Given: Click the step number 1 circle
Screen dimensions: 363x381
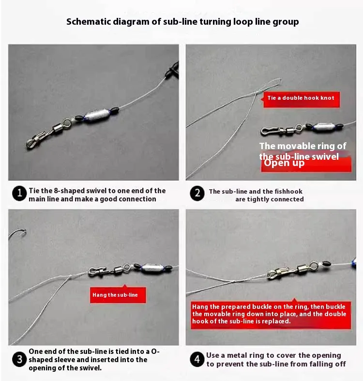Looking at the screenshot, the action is pos(19,194).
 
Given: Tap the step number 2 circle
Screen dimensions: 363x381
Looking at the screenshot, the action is pos(197,194).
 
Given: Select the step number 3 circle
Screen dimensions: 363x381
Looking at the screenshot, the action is pos(19,359).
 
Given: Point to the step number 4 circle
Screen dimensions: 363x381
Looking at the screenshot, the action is pos(197,359).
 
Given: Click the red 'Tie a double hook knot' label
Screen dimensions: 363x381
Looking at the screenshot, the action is pos(301,99).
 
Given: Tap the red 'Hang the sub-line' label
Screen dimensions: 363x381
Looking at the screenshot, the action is pos(118,295).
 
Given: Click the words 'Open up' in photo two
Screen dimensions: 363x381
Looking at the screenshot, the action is pos(284,163).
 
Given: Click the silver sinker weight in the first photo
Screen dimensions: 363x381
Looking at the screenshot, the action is pos(97,115).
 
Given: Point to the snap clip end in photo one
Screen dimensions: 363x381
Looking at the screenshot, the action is pos(36,140).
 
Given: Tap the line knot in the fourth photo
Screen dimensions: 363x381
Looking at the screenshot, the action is pos(233,282).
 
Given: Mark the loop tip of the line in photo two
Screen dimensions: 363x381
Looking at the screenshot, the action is pos(281,79).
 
